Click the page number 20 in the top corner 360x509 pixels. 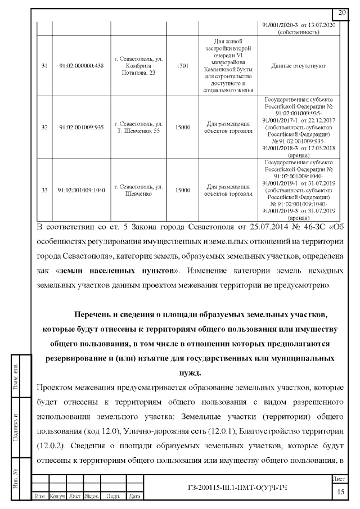click(342, 13)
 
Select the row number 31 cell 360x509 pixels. click(44, 66)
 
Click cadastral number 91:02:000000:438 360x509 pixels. click(82, 66)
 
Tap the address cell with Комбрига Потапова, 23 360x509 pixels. click(138, 66)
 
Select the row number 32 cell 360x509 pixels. click(44, 127)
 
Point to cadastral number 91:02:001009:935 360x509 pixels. click(82, 127)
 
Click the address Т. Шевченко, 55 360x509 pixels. click(138, 127)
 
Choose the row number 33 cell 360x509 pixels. click(44, 190)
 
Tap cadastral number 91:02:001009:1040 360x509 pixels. click(82, 190)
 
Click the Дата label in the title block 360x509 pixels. click(134, 496)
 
